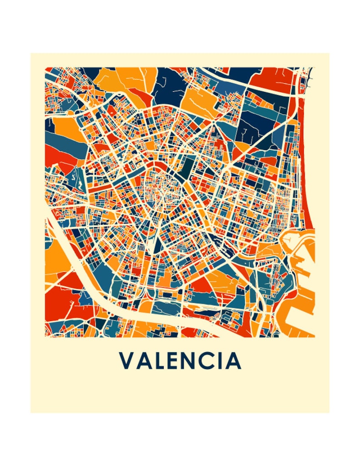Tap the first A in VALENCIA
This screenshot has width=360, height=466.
(x=145, y=361)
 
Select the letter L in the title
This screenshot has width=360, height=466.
(x=161, y=361)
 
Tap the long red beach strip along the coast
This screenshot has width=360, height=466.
(x=308, y=181)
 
